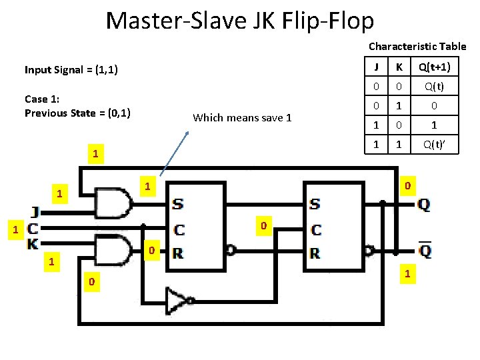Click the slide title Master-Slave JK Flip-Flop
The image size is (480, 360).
pyautogui.click(x=240, y=21)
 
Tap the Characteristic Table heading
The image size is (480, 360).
pyautogui.click(x=417, y=47)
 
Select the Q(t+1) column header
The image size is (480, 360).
pyautogui.click(x=434, y=67)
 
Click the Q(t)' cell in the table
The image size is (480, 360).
pyautogui.click(x=434, y=143)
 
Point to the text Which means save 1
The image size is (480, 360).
pyautogui.click(x=242, y=118)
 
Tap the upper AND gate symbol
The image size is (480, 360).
pyautogui.click(x=113, y=203)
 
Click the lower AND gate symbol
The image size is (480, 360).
pyautogui.click(x=113, y=250)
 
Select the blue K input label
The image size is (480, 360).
pyautogui.click(x=33, y=244)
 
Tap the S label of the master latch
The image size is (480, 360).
pyautogui.click(x=179, y=204)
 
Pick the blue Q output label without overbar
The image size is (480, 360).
pyautogui.click(x=424, y=204)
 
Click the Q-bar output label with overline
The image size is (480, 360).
pyautogui.click(x=424, y=251)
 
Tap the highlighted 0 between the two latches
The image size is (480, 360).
pyautogui.click(x=263, y=227)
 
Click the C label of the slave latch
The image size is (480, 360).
pyautogui.click(x=316, y=229)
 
